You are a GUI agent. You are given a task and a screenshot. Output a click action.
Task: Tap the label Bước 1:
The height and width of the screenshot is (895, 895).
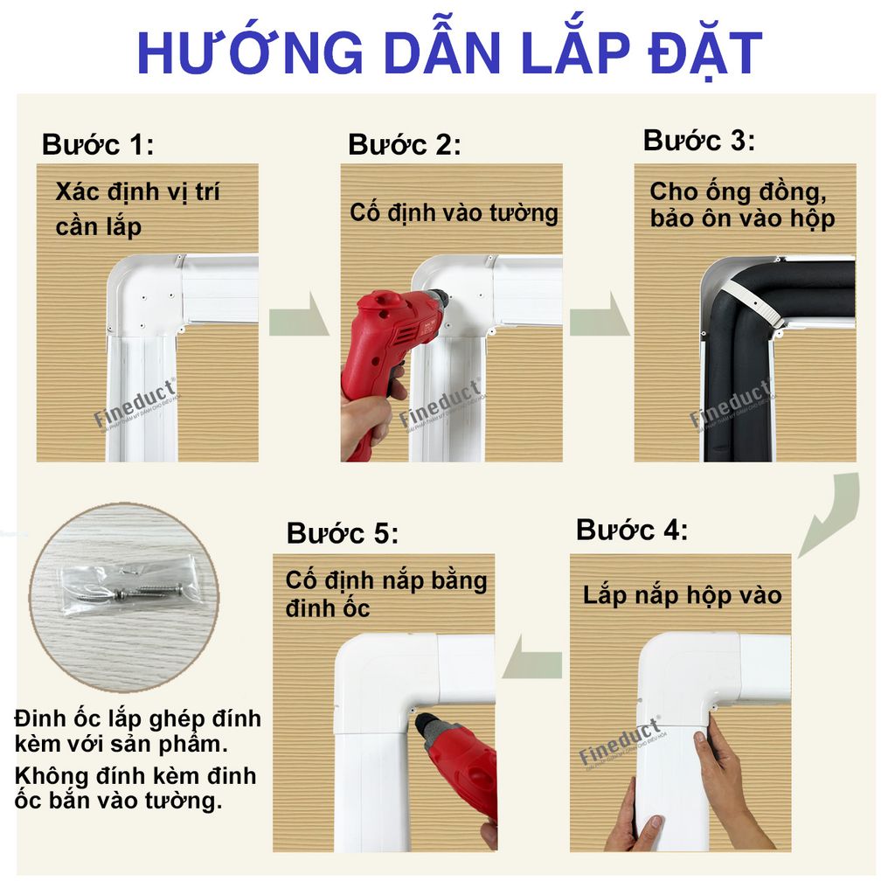click(98, 144)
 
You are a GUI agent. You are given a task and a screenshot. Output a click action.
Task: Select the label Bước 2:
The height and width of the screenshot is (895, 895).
click(404, 144)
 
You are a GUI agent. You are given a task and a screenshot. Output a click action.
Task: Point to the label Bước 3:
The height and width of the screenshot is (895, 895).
click(699, 140)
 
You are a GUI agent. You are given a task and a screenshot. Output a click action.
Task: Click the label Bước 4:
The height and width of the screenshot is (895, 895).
click(632, 530)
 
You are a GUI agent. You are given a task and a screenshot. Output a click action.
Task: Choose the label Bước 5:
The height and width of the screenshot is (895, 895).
click(343, 533)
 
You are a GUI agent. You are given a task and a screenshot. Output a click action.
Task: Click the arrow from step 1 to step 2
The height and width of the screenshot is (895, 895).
click(298, 321)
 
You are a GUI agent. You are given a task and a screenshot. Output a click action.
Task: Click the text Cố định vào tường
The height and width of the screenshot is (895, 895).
click(454, 212)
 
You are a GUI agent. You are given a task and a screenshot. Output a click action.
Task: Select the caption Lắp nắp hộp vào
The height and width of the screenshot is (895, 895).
click(682, 596)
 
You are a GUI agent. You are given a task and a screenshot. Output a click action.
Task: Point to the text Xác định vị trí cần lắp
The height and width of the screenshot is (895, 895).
click(137, 209)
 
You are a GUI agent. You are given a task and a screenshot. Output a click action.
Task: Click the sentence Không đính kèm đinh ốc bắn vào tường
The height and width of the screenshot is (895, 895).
click(135, 787)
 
